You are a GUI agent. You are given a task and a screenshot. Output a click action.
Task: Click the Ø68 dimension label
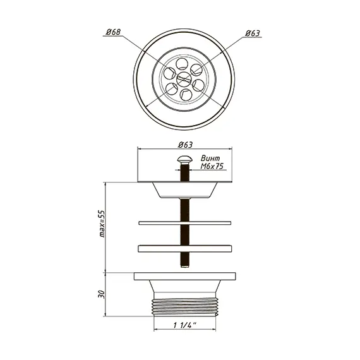(x=113, y=32)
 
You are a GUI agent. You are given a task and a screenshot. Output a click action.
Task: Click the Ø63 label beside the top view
(x=253, y=33)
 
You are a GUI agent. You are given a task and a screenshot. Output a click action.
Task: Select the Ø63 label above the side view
(x=185, y=145)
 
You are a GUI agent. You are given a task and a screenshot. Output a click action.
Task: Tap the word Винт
(x=210, y=158)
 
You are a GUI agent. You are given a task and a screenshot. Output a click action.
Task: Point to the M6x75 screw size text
(x=212, y=166)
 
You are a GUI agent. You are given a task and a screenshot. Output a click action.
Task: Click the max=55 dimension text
(x=102, y=224)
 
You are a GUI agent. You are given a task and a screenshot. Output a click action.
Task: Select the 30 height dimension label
(x=102, y=294)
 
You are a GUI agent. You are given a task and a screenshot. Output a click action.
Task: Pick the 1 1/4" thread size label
(x=185, y=325)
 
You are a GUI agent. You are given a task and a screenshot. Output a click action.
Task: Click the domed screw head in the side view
(x=184, y=159)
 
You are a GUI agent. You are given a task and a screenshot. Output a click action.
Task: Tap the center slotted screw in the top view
(x=184, y=78)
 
